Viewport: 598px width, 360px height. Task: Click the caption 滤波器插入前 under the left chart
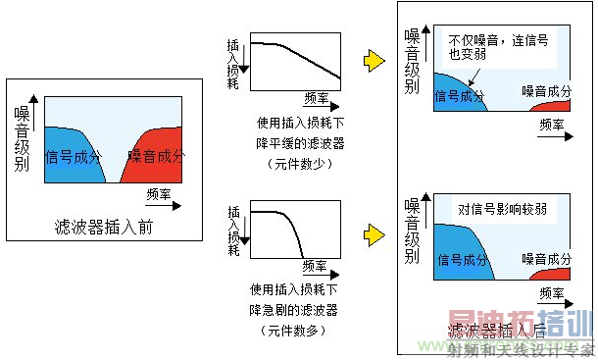pyautogui.click(x=104, y=228)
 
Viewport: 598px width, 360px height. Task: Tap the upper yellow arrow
pyautogui.click(x=374, y=61)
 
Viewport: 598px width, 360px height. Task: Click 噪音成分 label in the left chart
pyautogui.click(x=155, y=156)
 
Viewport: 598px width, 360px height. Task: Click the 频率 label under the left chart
pyautogui.click(x=158, y=193)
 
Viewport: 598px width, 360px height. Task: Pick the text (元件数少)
pyautogui.click(x=296, y=163)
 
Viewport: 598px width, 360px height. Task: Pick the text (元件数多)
pyautogui.click(x=296, y=332)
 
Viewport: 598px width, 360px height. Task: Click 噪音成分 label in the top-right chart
pyautogui.click(x=546, y=91)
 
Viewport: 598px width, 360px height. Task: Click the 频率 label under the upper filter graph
pyautogui.click(x=317, y=98)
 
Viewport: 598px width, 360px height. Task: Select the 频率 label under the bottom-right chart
pyautogui.click(x=552, y=293)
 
